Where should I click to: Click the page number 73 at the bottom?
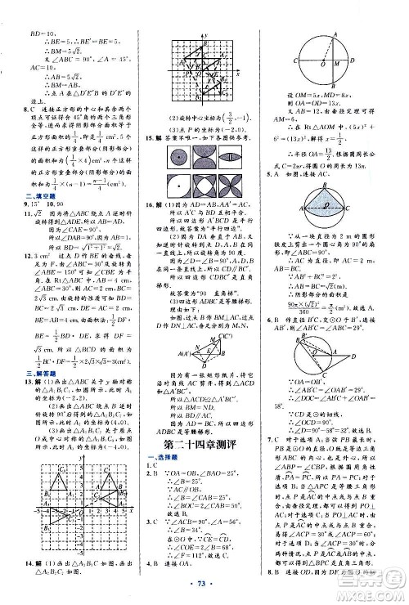pyautogui.click(x=204, y=588)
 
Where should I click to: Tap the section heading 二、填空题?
pyautogui.click(x=20, y=185)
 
